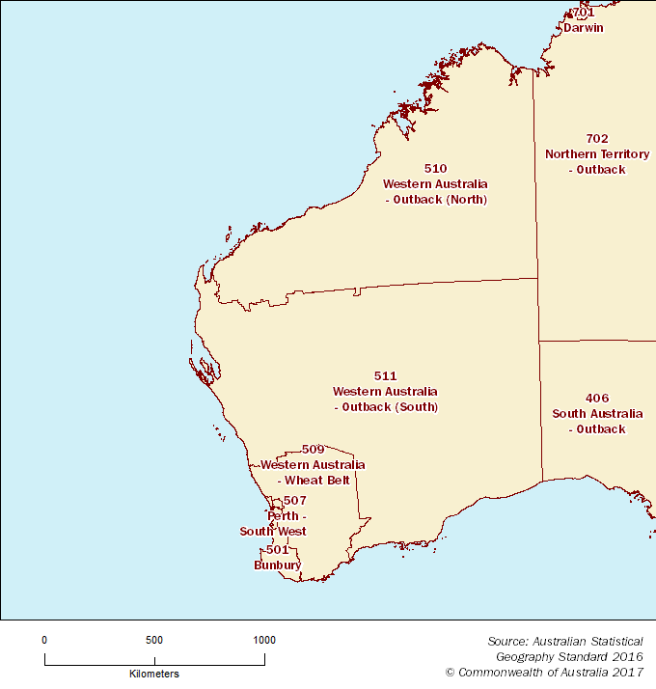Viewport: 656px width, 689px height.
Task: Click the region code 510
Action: [435, 168]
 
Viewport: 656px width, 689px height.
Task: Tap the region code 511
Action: [385, 375]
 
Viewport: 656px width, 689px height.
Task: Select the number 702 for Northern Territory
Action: [597, 138]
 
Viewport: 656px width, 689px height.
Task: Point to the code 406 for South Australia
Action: [596, 398]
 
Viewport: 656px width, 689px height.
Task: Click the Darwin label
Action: [584, 28]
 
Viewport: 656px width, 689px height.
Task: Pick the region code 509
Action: [313, 449]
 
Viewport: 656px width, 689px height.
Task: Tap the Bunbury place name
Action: [277, 565]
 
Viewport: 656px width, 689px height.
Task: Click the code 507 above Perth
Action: [295, 500]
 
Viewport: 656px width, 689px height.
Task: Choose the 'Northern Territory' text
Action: [597, 154]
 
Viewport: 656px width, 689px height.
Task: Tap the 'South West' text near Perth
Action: [273, 532]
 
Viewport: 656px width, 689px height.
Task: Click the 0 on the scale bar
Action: [44, 640]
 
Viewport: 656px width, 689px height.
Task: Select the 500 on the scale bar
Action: [154, 640]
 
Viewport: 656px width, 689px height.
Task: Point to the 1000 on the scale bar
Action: [263, 640]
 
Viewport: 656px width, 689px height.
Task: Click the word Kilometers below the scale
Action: [154, 674]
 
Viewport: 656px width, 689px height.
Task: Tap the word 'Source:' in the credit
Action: [506, 641]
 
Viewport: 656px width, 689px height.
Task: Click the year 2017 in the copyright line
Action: [627, 672]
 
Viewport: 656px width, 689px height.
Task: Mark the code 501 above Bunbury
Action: [278, 549]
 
